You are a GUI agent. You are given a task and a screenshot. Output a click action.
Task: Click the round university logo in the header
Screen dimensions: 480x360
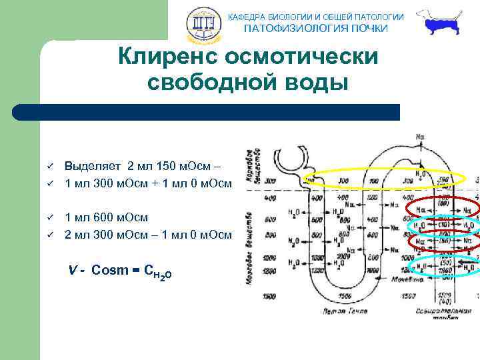point(202,25)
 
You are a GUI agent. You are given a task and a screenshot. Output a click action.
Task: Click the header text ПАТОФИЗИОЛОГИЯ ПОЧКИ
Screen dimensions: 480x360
point(315,28)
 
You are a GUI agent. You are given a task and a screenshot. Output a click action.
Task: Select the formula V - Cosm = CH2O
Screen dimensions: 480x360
point(120,271)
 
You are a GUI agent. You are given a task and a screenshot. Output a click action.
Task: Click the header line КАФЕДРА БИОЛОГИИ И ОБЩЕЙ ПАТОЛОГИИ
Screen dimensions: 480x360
point(315,16)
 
